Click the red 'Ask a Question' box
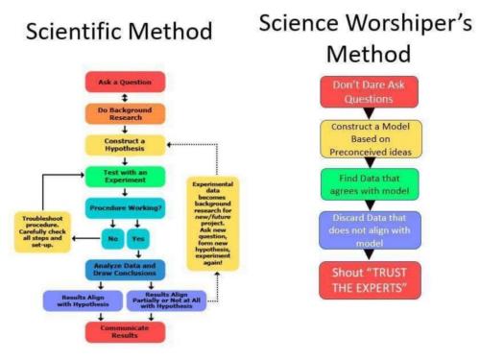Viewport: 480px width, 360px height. [126, 81]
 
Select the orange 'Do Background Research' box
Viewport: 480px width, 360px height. [126, 112]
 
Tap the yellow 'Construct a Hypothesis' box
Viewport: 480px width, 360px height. [126, 144]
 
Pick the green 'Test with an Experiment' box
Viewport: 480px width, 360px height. [126, 176]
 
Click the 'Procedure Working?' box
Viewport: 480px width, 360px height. [126, 207]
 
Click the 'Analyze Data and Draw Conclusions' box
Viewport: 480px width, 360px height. [126, 271]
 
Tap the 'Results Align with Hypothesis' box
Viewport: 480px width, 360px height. [83, 301]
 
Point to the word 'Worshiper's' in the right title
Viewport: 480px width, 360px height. [404, 21]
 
